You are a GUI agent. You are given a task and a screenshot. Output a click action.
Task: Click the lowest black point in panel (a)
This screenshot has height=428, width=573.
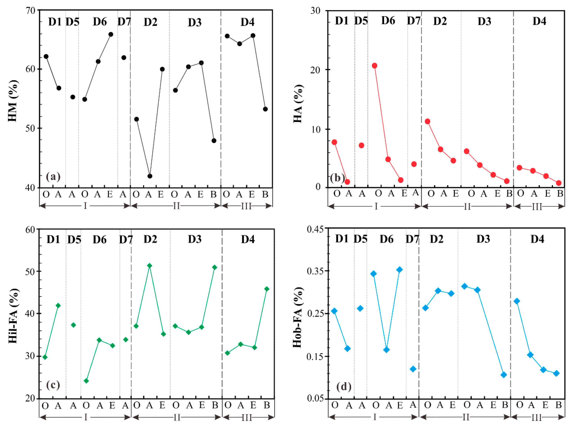[x=150, y=176]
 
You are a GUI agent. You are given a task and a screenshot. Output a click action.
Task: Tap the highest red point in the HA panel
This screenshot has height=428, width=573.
[x=374, y=66]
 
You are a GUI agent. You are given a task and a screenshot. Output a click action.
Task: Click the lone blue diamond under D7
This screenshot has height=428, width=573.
[x=413, y=369]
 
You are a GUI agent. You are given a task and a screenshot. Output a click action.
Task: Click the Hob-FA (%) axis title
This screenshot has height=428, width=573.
[x=298, y=317]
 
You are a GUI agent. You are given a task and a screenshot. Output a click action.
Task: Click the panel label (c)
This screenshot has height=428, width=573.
[x=53, y=385]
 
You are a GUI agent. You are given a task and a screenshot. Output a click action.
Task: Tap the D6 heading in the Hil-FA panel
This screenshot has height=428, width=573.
[x=100, y=239]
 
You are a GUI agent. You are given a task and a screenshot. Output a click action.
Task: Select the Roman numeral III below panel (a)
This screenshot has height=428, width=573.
[x=246, y=206]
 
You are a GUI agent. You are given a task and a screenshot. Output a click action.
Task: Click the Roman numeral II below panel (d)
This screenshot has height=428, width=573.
[x=466, y=417]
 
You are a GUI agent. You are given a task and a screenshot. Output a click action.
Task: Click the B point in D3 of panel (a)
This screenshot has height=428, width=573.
[x=214, y=141]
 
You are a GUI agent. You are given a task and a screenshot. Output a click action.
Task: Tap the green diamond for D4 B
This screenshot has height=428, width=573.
[x=267, y=289]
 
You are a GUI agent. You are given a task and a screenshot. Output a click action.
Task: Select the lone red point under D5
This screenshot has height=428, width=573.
[x=361, y=145]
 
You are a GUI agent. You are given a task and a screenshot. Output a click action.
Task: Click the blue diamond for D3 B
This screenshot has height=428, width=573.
[x=504, y=375]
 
